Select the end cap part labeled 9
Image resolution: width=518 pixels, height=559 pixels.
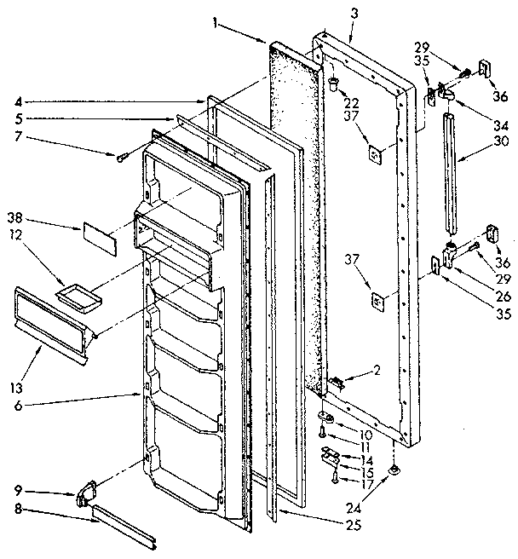tap(86, 494)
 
